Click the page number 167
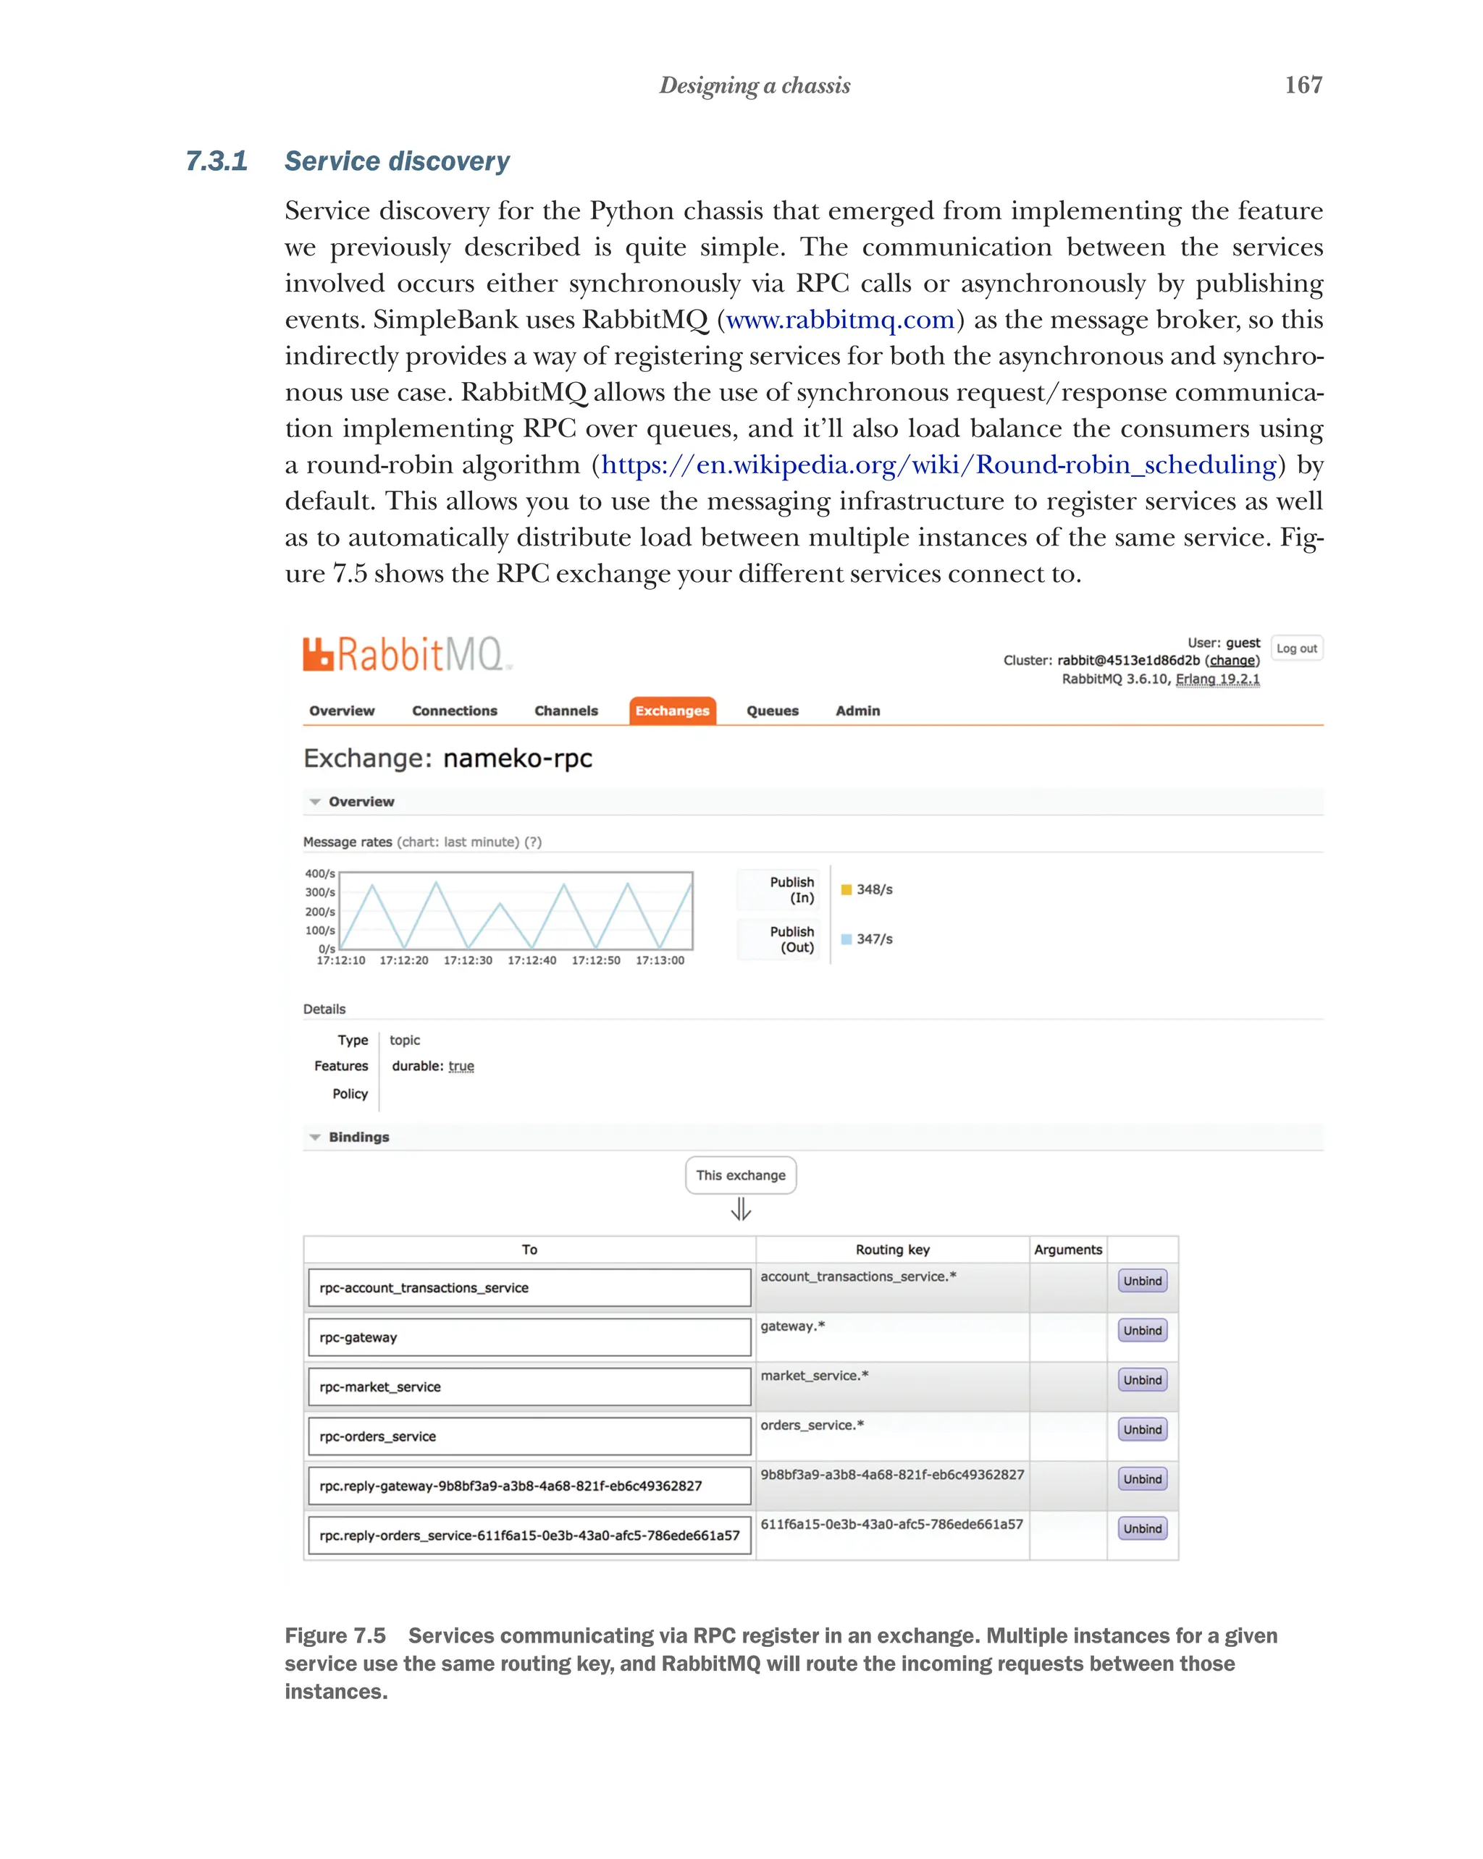click(1303, 85)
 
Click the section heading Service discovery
click(397, 161)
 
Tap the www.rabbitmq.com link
click(839, 320)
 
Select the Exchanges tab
click(671, 711)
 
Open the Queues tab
click(772, 711)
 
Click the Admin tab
click(857, 711)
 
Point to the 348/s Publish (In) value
click(873, 889)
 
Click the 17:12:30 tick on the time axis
click(468, 960)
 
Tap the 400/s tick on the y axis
click(319, 873)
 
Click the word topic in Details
click(405, 1040)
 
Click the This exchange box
click(740, 1175)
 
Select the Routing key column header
click(892, 1250)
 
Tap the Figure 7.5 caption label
click(335, 1635)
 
